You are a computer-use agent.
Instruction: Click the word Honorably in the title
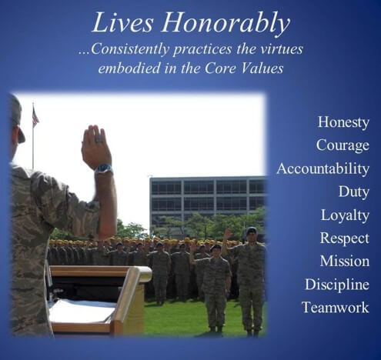[226, 24]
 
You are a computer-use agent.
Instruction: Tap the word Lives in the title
[122, 22]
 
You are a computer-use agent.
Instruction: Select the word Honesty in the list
[343, 122]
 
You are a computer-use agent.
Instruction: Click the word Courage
[343, 145]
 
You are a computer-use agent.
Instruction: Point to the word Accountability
[323, 168]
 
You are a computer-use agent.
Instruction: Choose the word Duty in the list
[354, 192]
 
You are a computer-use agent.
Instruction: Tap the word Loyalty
[345, 215]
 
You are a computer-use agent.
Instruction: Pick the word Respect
[345, 238]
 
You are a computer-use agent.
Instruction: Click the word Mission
[345, 261]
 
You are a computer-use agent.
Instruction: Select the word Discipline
[337, 285]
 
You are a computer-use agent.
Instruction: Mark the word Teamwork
[336, 308]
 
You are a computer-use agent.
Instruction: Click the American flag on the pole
[35, 117]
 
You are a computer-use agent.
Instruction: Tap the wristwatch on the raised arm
[104, 169]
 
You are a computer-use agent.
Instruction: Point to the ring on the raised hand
[99, 140]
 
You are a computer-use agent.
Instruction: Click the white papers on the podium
[82, 310]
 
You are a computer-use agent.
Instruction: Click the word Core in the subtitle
[219, 68]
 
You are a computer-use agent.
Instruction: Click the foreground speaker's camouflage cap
[18, 118]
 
